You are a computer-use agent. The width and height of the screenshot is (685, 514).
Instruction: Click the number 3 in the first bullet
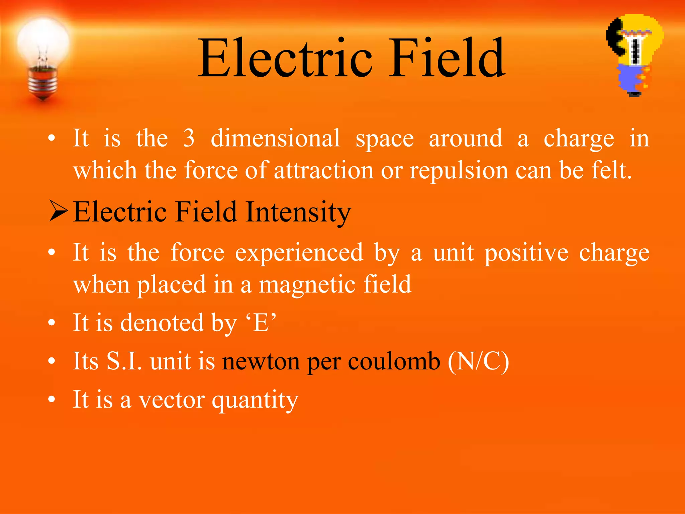point(189,138)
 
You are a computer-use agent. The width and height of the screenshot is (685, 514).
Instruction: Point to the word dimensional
point(275,138)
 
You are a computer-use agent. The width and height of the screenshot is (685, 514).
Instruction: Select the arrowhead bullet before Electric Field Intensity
point(59,211)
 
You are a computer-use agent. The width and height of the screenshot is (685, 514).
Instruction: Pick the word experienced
point(299,253)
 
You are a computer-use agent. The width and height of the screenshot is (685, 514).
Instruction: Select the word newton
point(261,361)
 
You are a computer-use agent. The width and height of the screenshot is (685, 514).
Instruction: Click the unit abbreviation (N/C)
point(478,361)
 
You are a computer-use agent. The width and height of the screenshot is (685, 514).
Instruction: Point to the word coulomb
point(394,361)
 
